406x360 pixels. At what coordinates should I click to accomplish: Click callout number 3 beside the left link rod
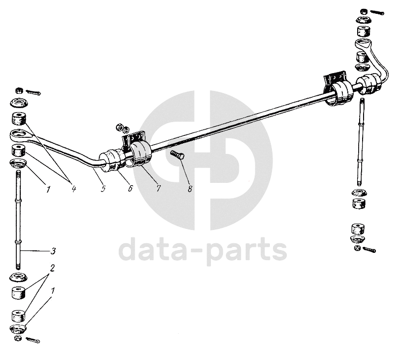53,251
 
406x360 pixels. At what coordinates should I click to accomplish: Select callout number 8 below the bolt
190,189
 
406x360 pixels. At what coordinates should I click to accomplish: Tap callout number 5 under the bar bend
103,189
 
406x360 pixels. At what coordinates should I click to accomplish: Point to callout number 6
130,188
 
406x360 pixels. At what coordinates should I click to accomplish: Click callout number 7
158,188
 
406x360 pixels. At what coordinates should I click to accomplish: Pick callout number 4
74,189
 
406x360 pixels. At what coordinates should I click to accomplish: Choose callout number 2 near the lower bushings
52,268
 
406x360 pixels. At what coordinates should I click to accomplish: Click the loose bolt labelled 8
178,155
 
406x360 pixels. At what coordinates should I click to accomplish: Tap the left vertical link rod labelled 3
18,220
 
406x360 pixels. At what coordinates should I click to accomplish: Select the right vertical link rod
360,142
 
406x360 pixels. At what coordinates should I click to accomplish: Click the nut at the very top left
19,90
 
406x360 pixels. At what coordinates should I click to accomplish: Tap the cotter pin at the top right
377,12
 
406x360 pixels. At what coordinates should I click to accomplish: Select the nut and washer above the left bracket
123,128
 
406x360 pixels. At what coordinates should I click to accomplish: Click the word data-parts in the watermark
203,249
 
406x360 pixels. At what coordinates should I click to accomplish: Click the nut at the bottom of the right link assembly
357,248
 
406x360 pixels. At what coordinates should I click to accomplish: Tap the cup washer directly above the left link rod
18,164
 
